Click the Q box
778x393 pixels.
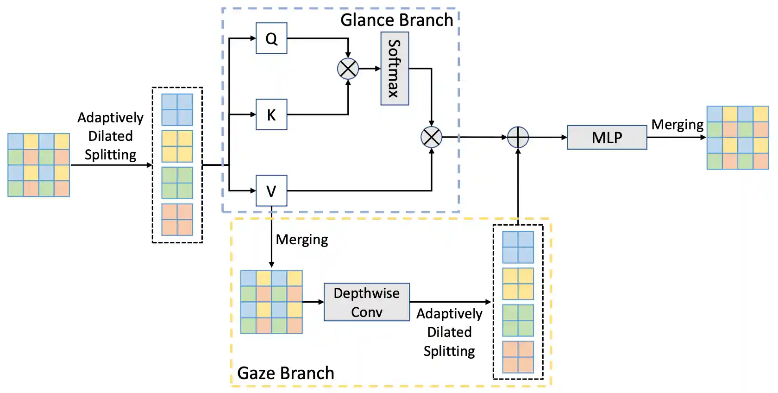(271, 38)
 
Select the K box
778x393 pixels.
(271, 114)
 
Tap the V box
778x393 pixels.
(271, 190)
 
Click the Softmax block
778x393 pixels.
(395, 69)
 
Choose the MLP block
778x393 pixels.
(607, 138)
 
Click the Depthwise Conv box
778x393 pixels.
(366, 302)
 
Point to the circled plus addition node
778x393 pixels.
(518, 137)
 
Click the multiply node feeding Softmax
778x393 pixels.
(348, 69)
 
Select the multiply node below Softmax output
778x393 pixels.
(431, 137)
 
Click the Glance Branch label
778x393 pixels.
(396, 20)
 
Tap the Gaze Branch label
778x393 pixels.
(285, 373)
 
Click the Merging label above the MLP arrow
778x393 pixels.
(677, 125)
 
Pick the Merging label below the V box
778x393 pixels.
(302, 240)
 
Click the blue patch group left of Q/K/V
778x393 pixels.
(177, 110)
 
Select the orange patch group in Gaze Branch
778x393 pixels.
(518, 357)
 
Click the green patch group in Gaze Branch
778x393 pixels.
(518, 320)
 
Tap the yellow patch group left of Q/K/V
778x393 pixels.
(177, 146)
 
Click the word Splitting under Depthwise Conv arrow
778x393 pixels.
(449, 351)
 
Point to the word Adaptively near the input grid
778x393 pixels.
(110, 118)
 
